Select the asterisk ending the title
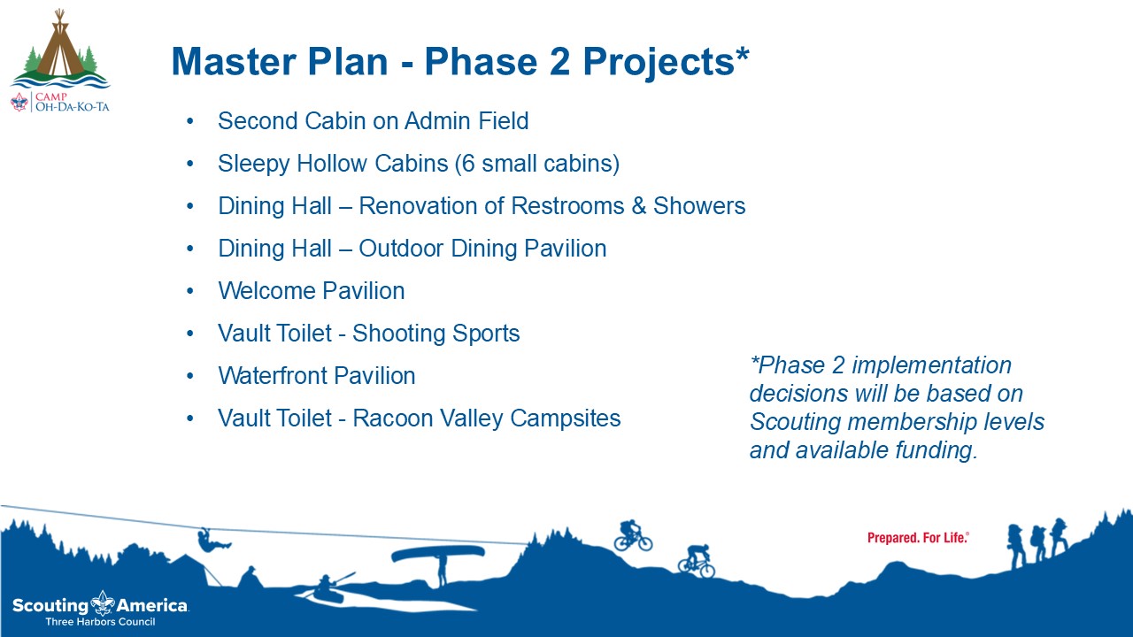click(742, 54)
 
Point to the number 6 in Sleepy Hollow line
click(468, 164)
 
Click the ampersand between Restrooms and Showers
click(639, 206)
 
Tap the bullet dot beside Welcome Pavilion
click(190, 291)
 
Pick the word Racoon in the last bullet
click(392, 418)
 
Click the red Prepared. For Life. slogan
click(918, 538)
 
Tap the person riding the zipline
click(212, 541)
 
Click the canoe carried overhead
click(438, 553)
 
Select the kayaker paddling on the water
click(328, 587)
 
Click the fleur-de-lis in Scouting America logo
click(103, 603)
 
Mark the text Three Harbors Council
click(100, 622)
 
